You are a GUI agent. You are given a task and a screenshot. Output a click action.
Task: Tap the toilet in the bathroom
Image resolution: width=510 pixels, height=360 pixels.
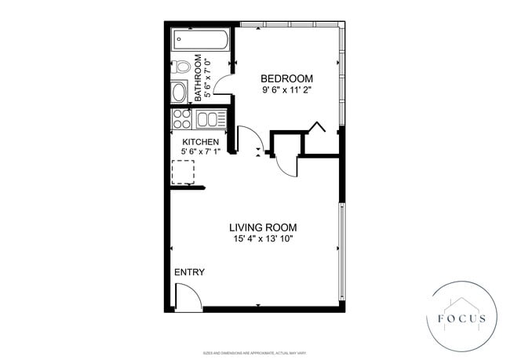[180, 67]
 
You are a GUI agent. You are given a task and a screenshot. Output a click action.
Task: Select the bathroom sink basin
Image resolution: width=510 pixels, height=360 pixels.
[180, 90]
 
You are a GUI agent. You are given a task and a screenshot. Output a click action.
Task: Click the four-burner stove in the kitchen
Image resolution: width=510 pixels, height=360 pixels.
[181, 119]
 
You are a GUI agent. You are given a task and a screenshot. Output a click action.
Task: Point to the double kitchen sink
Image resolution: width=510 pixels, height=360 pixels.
[210, 119]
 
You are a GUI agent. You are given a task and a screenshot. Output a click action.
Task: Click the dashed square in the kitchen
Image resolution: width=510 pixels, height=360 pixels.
[183, 171]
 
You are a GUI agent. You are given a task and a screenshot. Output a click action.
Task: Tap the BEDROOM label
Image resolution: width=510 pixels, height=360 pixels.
[286, 78]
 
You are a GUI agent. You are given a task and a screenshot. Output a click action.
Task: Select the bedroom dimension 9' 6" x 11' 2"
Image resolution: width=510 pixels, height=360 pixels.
[286, 90]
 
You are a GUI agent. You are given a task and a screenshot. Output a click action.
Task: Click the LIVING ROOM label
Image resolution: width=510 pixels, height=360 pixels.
[263, 227]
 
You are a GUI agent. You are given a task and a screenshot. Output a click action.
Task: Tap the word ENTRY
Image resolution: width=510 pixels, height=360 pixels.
[189, 272]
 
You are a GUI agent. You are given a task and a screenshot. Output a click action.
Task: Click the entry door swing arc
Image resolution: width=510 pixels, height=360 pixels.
[187, 296]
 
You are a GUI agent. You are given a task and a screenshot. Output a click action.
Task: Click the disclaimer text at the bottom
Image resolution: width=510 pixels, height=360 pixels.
[255, 353]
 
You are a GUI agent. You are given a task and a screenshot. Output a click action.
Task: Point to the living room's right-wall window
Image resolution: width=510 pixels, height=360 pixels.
[341, 251]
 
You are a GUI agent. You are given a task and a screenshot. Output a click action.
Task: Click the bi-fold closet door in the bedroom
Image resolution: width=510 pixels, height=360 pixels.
[315, 129]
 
